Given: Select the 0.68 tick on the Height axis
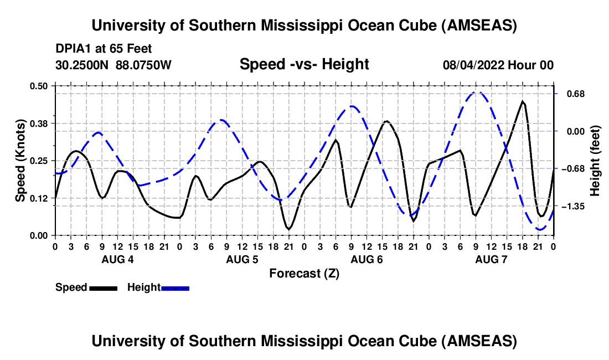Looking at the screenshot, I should [x=570, y=94].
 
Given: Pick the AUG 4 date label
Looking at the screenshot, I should [x=117, y=259].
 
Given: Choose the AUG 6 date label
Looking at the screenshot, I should [x=367, y=259].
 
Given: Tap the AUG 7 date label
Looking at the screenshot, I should [x=491, y=259].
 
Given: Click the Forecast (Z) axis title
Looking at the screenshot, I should [x=304, y=273].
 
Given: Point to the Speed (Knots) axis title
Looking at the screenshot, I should [x=20, y=161].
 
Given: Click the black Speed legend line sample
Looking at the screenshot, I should [x=103, y=288].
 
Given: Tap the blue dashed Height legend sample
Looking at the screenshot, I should [x=176, y=288].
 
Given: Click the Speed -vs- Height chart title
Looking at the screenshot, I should [x=304, y=64].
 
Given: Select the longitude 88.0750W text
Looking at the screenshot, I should [x=144, y=65].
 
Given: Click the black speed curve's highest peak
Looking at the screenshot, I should [x=522, y=101].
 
